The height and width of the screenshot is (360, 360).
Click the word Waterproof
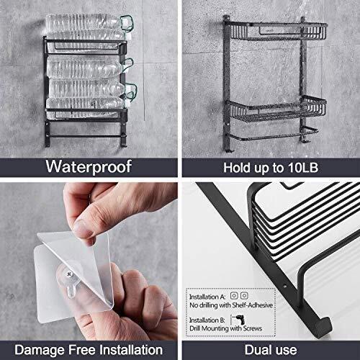click(x=89, y=166)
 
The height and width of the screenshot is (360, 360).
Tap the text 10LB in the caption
click(x=303, y=168)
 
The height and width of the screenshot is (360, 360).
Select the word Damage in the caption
click(x=40, y=350)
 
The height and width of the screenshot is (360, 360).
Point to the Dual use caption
click(x=271, y=350)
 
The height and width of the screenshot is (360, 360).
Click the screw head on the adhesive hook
click(x=69, y=274)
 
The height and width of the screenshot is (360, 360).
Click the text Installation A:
click(x=207, y=297)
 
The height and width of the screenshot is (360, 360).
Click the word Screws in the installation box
click(x=252, y=328)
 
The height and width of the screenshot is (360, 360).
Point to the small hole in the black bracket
click(x=285, y=287)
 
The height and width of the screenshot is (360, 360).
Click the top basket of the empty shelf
click(x=276, y=31)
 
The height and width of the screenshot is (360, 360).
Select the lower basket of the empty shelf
click(x=276, y=109)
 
